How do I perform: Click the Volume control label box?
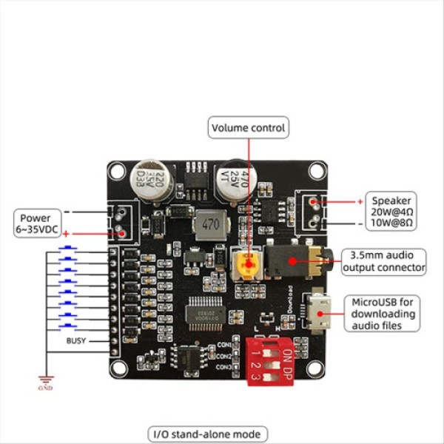[248, 128]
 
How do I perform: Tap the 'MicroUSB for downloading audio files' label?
[384, 313]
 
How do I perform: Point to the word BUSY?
[76, 341]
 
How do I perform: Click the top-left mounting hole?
[117, 172]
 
